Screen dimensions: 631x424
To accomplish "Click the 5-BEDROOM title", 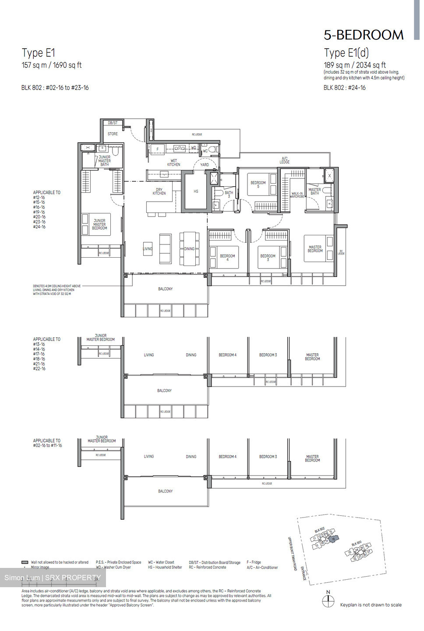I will [x=364, y=35].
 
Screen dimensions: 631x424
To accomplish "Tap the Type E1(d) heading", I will [x=346, y=53].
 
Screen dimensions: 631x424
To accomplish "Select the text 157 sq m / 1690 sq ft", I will [x=52, y=65].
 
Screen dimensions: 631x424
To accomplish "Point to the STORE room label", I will [x=113, y=134].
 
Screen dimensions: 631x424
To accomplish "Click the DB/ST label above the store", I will [x=113, y=123].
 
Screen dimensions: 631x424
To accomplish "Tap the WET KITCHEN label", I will [x=173, y=163].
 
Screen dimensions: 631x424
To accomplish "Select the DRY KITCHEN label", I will [x=159, y=191].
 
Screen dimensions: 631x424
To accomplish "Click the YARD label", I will [x=205, y=165].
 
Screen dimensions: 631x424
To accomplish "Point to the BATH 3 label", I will [x=229, y=194].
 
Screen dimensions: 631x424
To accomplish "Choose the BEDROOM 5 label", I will [x=258, y=184].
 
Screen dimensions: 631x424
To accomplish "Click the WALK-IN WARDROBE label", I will [x=297, y=195].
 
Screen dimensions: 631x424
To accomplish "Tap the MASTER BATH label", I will [x=314, y=191].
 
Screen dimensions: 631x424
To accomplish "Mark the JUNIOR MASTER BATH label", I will [x=104, y=161].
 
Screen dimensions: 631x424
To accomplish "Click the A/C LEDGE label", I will [x=285, y=160].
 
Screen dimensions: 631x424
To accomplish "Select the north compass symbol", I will [x=328, y=601].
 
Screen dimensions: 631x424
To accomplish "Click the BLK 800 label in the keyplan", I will [x=356, y=544].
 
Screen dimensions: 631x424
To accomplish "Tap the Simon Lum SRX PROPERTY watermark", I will [x=53, y=578].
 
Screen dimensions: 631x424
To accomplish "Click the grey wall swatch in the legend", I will [x=25, y=562].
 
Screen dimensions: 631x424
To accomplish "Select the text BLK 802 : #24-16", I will [x=344, y=88].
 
